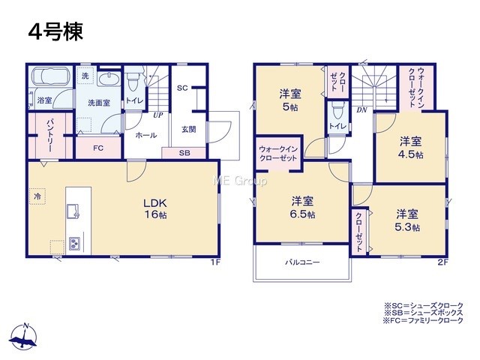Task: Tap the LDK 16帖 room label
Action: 155,208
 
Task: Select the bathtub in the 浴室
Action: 51,76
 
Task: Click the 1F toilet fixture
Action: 133,79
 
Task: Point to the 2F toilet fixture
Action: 338,111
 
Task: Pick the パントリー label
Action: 50,136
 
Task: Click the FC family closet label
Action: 98,148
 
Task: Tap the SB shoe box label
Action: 184,153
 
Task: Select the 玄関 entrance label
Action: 188,130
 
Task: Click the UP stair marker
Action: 158,115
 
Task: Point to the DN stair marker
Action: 361,110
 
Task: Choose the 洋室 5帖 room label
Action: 290,100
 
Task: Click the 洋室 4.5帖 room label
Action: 410,148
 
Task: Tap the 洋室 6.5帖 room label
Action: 302,207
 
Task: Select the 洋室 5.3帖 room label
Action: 407,220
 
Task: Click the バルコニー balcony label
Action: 302,262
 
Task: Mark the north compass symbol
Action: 24,336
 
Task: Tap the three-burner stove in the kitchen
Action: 74,243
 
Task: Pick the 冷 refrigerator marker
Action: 37,196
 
